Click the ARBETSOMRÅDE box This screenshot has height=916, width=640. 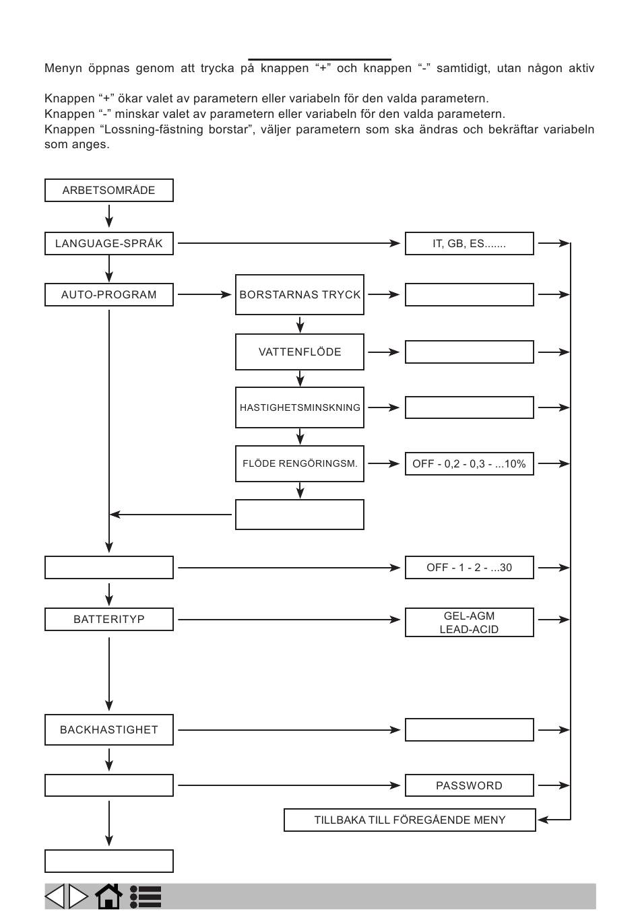[108, 190]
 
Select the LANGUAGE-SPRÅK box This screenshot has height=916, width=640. [108, 243]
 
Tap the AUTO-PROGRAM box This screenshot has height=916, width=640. [108, 294]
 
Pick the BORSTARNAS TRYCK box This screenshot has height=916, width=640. [300, 294]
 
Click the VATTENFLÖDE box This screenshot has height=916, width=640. [300, 352]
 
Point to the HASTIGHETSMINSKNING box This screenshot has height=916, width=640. [300, 407]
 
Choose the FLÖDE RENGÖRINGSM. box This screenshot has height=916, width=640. [300, 463]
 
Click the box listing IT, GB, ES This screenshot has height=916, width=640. [470, 243]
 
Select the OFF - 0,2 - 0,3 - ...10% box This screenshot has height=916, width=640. [470, 463]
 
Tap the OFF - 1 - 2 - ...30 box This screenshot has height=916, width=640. [470, 567]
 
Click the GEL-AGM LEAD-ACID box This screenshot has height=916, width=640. [470, 622]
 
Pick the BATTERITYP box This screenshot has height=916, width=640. [108, 619]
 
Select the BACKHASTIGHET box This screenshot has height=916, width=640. [108, 729]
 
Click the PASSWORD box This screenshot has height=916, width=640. [470, 785]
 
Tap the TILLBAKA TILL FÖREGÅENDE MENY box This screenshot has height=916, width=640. [410, 820]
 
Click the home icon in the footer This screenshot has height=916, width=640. [108, 896]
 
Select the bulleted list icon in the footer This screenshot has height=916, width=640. [145, 896]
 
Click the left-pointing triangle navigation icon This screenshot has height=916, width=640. [55, 896]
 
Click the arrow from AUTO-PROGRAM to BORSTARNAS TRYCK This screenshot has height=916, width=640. [205, 294]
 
